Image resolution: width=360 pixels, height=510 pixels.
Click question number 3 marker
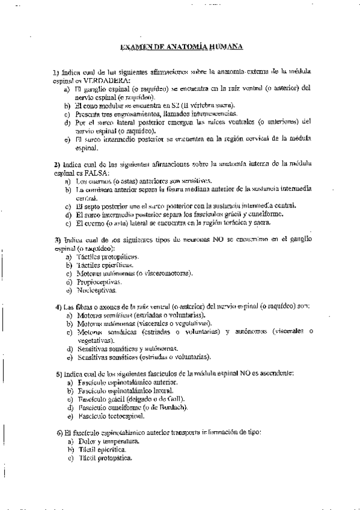point(56,239)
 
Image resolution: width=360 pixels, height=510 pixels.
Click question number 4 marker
point(57,307)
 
